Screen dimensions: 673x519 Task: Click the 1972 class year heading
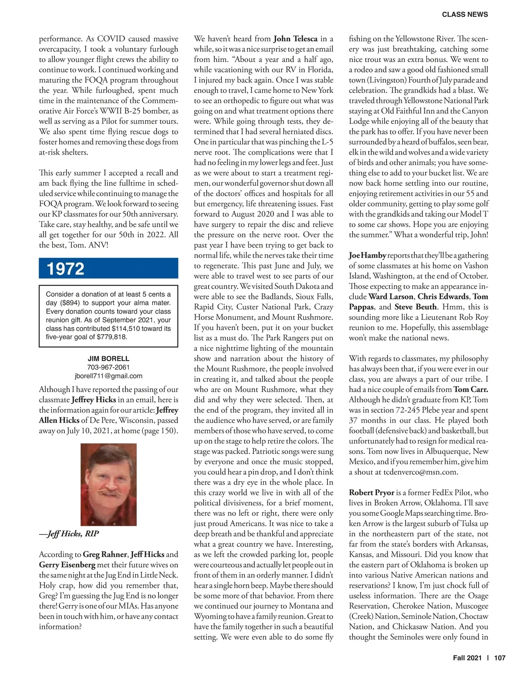pos(66,269)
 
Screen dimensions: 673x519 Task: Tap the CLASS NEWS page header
pos(465,14)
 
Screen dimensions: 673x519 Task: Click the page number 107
pos(500,658)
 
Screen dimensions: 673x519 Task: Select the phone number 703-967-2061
pos(108,367)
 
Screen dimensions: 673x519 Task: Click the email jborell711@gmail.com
pos(108,376)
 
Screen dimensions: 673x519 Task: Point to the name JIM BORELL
pos(108,359)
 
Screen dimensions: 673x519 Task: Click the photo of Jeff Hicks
pos(109,484)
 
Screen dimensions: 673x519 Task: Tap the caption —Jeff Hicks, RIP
pos(69,533)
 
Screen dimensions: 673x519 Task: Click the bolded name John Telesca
pos(295,39)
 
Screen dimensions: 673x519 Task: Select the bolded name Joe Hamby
pos(367,255)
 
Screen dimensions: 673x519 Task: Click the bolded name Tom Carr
pos(471,390)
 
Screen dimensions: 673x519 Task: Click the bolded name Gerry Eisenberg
pos(67,565)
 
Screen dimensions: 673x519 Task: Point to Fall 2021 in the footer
pos(467,658)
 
